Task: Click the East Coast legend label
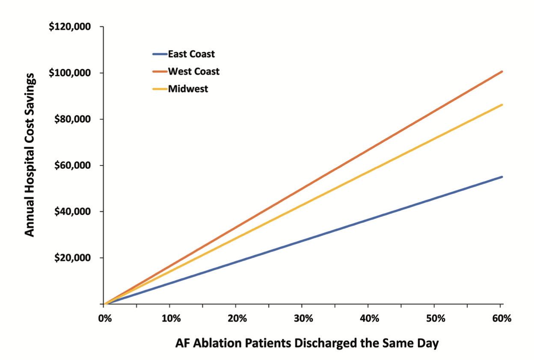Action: pos(191,54)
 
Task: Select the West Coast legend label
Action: pos(193,71)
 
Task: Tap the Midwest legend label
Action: pos(188,89)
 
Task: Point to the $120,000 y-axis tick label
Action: pos(70,27)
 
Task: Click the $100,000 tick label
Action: pos(70,73)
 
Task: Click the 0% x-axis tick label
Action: pos(104,319)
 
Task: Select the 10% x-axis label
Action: pos(170,319)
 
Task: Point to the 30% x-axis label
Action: pos(302,319)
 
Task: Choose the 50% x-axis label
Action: pos(434,319)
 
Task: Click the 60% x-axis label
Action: pos(500,319)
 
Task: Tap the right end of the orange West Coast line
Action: pos(501,72)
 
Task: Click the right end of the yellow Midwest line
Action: pos(501,105)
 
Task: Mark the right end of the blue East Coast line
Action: pos(501,177)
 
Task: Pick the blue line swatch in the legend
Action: pos(159,54)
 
